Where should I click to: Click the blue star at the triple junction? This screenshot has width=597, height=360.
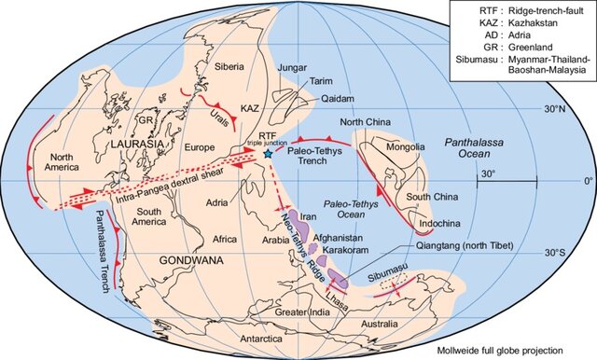(x=269, y=153)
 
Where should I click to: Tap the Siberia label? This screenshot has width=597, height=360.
(x=229, y=66)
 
